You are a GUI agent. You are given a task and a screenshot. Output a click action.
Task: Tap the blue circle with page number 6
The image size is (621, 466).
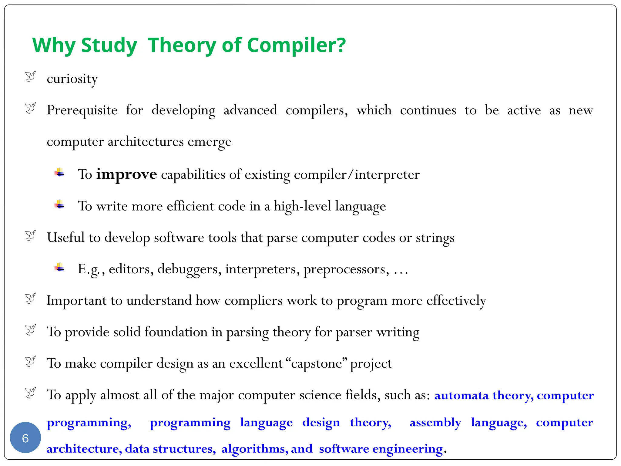[25, 437]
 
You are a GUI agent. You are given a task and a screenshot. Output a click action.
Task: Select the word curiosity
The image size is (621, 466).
[72, 79]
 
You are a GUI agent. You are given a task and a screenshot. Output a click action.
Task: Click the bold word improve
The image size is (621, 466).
[126, 174]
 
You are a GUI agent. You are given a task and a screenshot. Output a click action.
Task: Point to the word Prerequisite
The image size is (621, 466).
[82, 110]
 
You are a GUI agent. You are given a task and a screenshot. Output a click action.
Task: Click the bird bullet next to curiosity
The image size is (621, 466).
[31, 76]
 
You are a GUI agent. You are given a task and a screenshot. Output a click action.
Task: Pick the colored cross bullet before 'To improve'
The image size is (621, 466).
[59, 173]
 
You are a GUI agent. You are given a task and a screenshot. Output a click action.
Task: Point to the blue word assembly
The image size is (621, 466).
[435, 422]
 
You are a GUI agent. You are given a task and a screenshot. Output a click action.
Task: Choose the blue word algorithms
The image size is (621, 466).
[255, 449]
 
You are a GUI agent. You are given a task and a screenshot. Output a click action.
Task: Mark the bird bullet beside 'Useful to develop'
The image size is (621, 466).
[31, 235]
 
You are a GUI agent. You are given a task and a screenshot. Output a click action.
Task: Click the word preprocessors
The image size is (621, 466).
[346, 269]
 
